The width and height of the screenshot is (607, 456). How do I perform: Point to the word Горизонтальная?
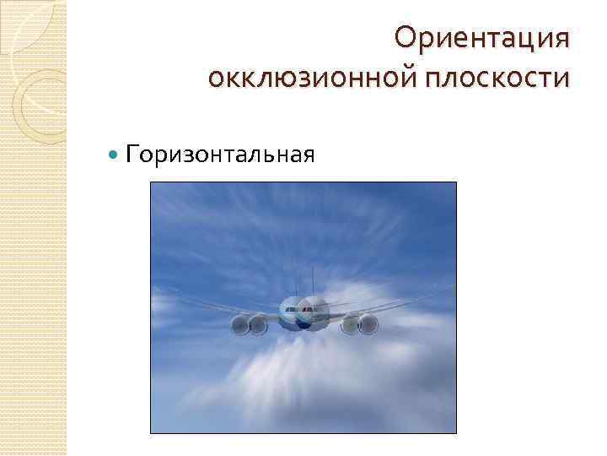coord(220,155)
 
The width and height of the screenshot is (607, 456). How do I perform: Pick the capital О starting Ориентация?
coord(406,38)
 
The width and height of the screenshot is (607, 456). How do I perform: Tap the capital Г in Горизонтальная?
coord(132,155)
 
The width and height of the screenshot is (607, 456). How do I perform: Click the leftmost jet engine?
coord(238,323)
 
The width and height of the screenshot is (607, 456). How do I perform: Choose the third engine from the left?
coord(349,323)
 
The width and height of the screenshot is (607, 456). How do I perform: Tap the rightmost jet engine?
coord(368,323)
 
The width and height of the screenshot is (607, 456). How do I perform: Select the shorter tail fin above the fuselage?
coord(292,287)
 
